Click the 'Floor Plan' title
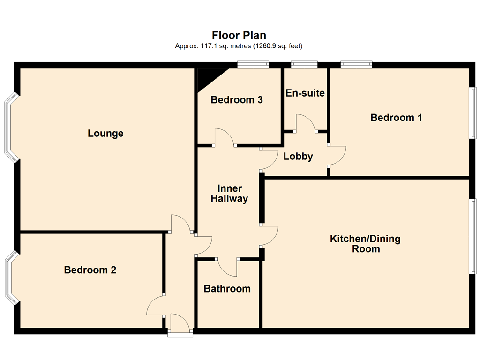[x=239, y=36]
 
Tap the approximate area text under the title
[x=239, y=46]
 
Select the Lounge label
[x=105, y=134]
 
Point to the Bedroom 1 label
[x=396, y=118]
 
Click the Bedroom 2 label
[x=90, y=270]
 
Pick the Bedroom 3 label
[x=236, y=100]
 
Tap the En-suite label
[x=305, y=93]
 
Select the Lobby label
[x=298, y=157]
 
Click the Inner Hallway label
[x=229, y=194]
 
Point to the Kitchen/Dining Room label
[x=366, y=244]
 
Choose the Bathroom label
[x=227, y=289]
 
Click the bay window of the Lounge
[x=10, y=127]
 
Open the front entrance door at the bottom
[x=180, y=324]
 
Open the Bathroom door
[x=227, y=267]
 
